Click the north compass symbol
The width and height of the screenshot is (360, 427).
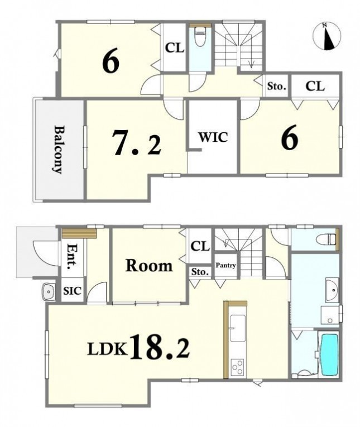[327, 36]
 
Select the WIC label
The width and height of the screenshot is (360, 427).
[213, 137]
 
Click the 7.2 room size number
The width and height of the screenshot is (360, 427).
[137, 143]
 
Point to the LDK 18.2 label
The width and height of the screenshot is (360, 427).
[138, 349]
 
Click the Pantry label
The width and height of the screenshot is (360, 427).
[225, 265]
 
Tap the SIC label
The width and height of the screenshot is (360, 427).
[72, 291]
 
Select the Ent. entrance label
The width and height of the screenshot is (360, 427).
[72, 257]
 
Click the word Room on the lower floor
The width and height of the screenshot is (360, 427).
[149, 266]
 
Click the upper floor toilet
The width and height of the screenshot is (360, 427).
[200, 36]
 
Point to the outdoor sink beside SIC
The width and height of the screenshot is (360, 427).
[49, 292]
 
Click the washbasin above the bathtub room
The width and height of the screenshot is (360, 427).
[332, 290]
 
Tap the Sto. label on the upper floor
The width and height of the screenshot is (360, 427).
[277, 87]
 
